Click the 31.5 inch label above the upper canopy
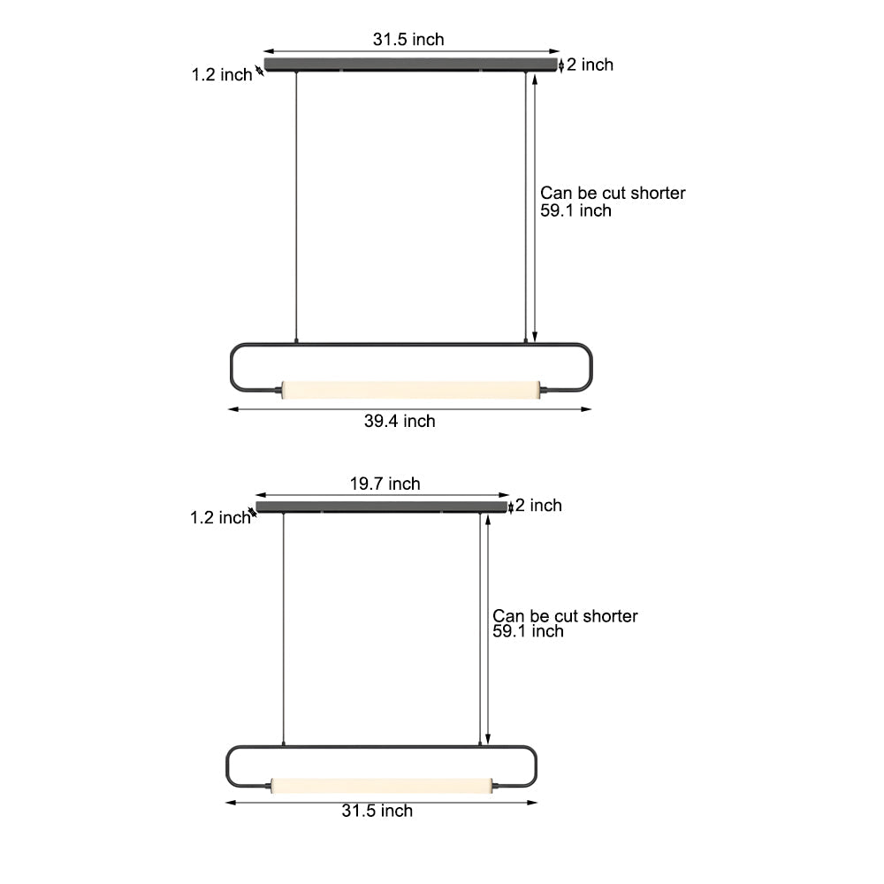[408, 39]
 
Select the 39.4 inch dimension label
[400, 422]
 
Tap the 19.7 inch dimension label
[385, 484]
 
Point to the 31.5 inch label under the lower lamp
[377, 811]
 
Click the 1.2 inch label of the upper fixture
[222, 75]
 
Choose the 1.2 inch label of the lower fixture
[220, 518]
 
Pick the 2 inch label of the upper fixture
[590, 65]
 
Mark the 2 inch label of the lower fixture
[538, 506]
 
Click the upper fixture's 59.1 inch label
[575, 211]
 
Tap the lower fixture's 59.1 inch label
[528, 631]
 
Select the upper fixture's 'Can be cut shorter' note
[613, 193]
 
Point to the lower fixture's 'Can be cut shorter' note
[565, 616]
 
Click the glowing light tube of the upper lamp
[409, 388]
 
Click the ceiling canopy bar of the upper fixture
[412, 65]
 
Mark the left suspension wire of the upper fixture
[296, 203]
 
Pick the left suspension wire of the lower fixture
[283, 628]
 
